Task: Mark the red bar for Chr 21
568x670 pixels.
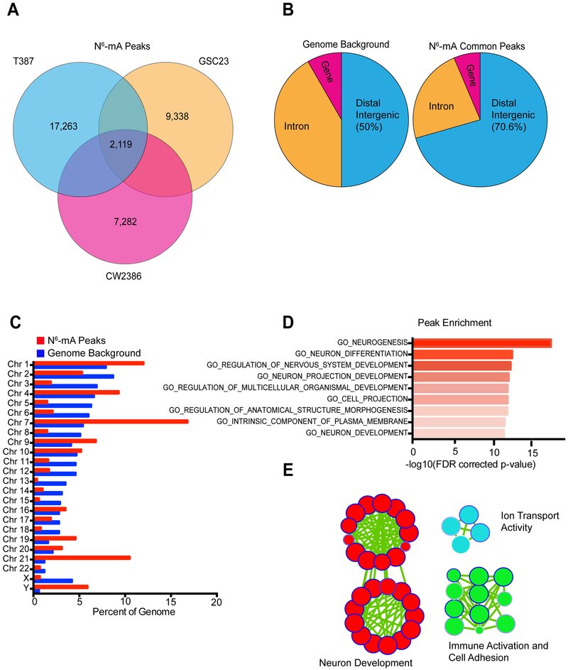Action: point(82,538)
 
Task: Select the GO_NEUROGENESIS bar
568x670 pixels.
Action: point(481,343)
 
